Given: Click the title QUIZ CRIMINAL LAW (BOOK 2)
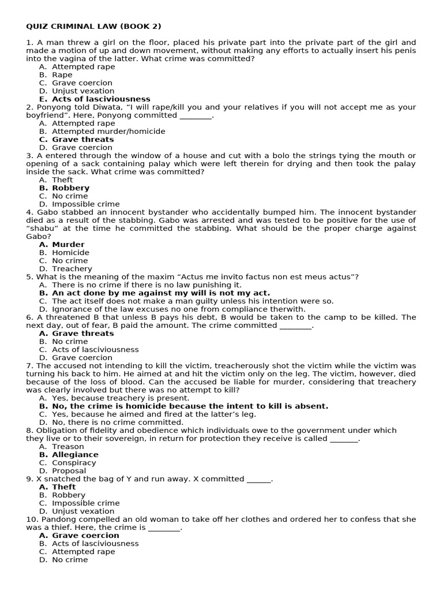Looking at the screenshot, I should click(93, 27).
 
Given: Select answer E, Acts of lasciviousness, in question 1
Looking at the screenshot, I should click(101, 99).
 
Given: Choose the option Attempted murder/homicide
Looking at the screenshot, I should click(108, 132).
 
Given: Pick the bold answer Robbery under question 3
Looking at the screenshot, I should click(70, 188).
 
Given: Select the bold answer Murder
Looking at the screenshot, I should click(68, 245).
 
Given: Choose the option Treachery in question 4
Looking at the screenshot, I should click(72, 269).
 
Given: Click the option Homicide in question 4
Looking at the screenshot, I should click(70, 253).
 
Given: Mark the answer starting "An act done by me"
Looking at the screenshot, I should click(160, 293).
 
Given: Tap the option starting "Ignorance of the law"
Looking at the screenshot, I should click(178, 309).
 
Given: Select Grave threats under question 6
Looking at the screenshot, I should click(82, 334).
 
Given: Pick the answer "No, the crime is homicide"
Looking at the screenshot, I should click(190, 406).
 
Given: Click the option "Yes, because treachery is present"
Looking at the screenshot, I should click(120, 398).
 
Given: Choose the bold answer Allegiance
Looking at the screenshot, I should click(75, 455).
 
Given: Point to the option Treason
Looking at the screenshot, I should click(67, 447).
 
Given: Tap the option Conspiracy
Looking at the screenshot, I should click(74, 463).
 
